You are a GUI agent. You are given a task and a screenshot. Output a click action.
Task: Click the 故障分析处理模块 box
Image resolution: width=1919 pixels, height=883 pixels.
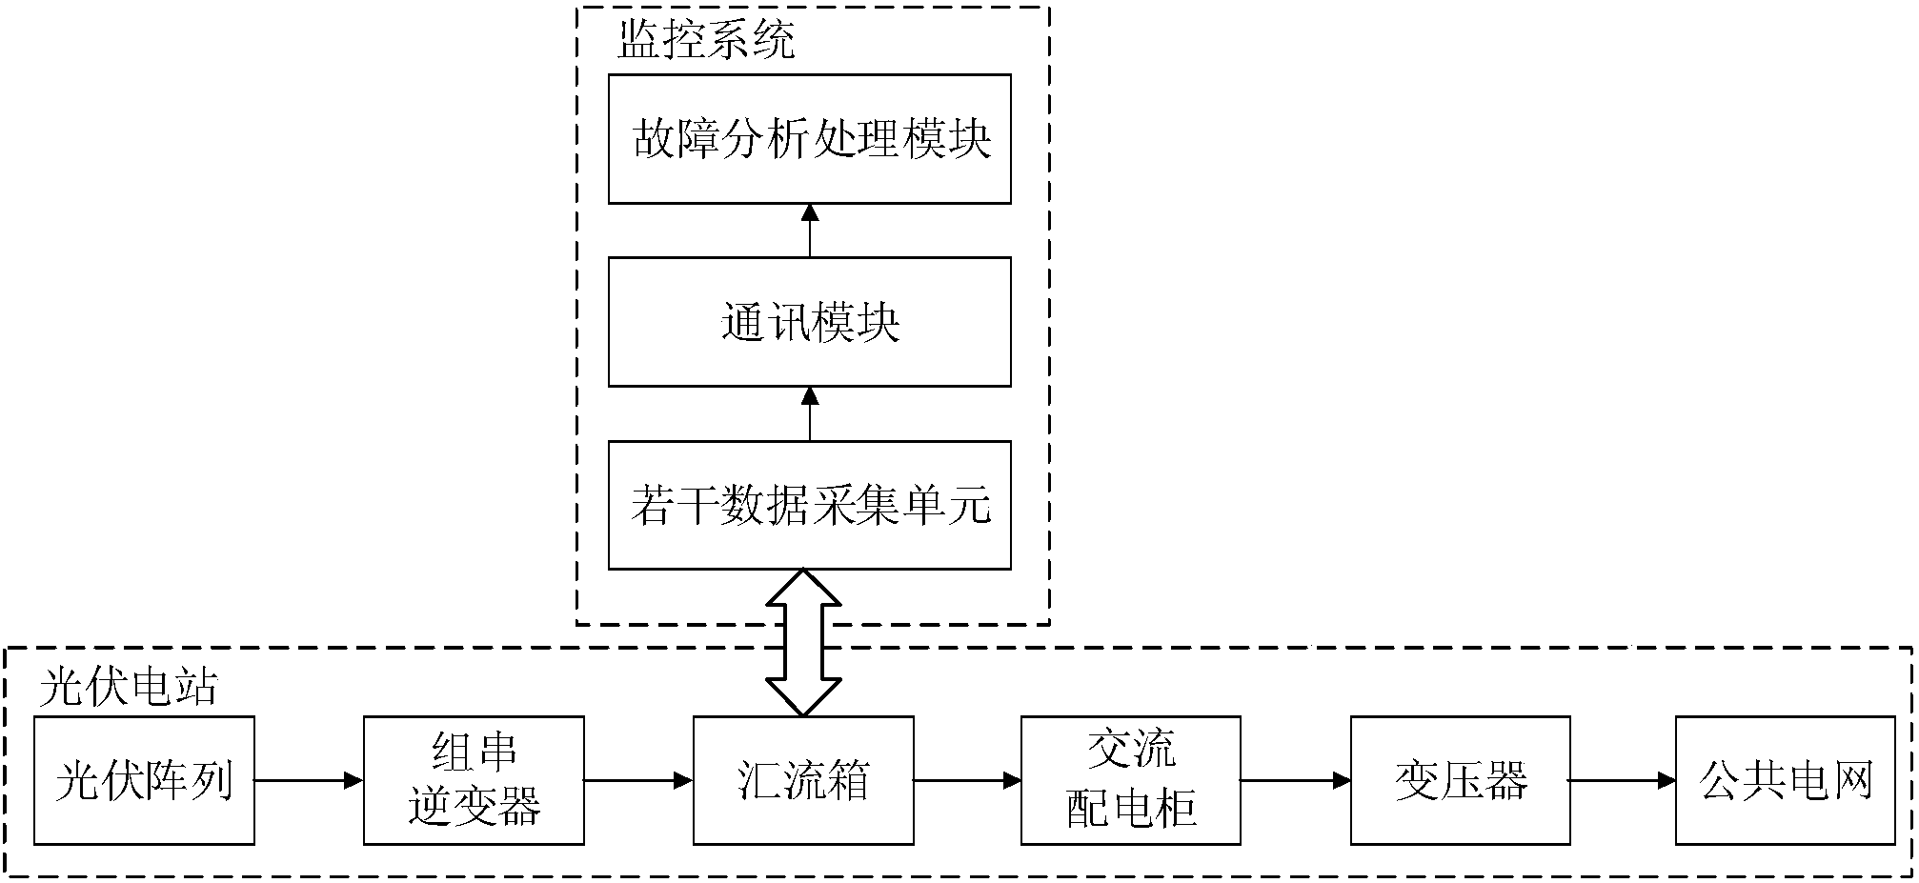809,139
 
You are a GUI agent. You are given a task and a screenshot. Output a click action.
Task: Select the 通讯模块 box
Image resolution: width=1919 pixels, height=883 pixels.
809,322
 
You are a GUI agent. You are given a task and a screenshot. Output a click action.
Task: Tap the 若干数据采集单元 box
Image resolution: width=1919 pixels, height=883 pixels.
809,505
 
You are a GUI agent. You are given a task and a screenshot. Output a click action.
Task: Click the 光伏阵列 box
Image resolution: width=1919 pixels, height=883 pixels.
144,781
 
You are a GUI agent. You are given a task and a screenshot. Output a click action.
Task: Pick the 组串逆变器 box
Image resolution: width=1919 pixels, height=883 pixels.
474,781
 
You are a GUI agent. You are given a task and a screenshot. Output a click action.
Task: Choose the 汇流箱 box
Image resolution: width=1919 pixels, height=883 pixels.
803,781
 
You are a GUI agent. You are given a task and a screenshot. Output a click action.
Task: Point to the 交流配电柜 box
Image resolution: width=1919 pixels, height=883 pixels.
1131,781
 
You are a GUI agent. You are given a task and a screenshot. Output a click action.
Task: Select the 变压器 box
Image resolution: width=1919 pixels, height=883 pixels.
1461,781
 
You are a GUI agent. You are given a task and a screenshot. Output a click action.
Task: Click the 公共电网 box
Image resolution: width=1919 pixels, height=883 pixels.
1786,781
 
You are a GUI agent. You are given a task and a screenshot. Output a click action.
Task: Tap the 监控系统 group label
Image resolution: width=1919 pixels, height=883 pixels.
706,41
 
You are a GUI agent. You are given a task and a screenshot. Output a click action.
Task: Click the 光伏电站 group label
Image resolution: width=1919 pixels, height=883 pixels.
129,686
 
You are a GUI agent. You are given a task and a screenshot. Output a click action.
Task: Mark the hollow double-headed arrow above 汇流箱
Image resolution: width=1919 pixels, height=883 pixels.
804,643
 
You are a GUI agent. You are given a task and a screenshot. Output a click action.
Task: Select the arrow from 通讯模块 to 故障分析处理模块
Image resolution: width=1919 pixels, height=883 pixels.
810,230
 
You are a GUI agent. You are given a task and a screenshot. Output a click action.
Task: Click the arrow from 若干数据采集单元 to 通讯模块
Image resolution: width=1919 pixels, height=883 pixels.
810,413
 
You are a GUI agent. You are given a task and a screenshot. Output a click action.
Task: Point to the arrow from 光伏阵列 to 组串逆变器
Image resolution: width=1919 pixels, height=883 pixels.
309,781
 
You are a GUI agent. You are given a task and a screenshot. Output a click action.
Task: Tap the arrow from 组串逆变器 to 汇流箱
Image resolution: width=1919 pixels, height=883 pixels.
638,781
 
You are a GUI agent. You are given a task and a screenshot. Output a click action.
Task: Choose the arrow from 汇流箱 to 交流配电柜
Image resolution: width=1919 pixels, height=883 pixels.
967,781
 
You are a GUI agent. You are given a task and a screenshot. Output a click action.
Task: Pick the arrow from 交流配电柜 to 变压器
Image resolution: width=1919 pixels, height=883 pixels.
1296,781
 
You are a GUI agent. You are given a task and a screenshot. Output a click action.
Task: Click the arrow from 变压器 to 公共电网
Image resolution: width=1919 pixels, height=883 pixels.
1623,781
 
